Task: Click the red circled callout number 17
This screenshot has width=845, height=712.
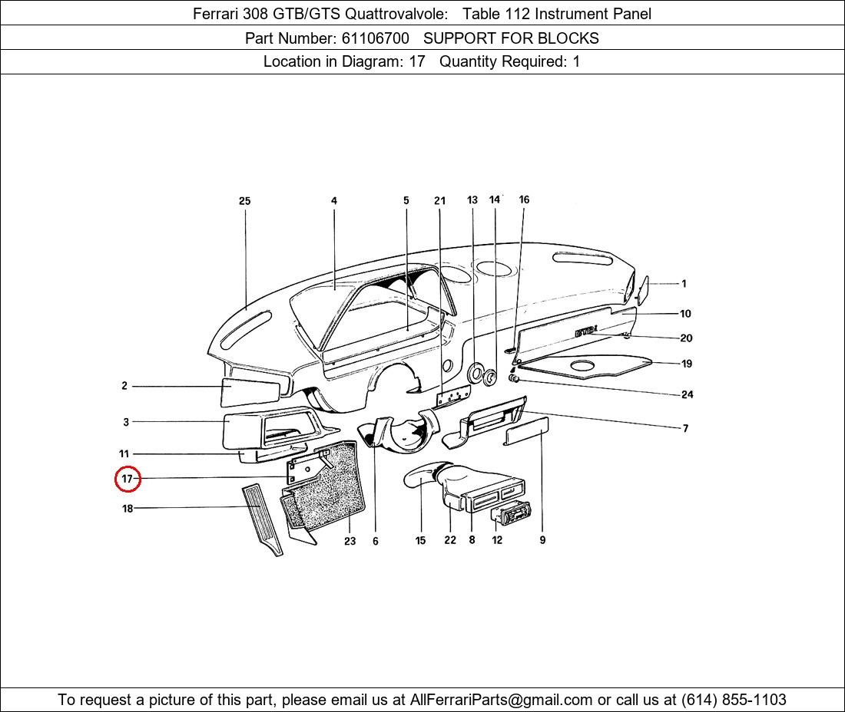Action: (127, 480)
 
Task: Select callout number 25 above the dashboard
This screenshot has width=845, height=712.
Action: (244, 201)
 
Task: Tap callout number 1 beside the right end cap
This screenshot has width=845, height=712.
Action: (684, 284)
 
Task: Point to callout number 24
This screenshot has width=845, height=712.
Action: (687, 394)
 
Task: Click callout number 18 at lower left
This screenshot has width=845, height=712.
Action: (128, 508)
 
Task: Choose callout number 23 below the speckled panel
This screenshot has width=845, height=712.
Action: (350, 541)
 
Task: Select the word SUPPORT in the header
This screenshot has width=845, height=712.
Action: (458, 38)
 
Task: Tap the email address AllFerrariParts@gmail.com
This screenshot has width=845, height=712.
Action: (502, 699)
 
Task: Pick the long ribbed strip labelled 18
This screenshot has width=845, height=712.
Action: (263, 518)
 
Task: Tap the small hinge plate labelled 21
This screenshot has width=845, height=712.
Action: (452, 397)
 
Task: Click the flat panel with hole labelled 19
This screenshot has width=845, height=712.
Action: (584, 366)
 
